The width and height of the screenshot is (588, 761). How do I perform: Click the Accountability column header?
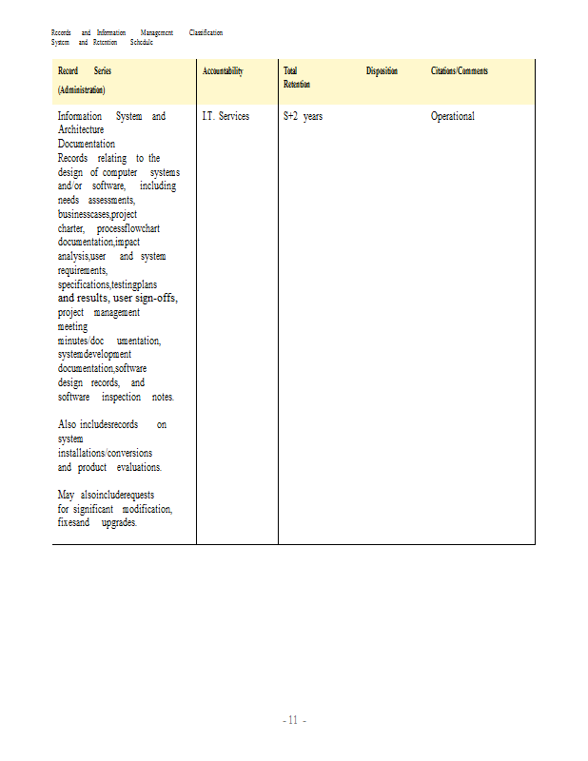[223, 71]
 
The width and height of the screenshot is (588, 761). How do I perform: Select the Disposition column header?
[382, 71]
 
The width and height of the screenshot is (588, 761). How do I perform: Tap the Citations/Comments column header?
[460, 71]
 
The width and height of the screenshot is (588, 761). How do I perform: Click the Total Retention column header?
[291, 78]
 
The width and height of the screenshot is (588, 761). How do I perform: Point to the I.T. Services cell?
[225, 116]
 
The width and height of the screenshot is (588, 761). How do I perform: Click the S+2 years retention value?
[303, 116]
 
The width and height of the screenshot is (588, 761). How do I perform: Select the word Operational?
[452, 116]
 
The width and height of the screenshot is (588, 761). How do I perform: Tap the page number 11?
[293, 720]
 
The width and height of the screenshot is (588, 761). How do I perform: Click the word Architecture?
[81, 129]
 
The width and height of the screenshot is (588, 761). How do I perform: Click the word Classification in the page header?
[206, 33]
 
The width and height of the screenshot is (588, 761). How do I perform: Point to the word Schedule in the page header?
[141, 43]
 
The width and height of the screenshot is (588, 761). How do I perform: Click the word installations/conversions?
[105, 453]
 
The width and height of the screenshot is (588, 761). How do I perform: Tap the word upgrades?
[119, 523]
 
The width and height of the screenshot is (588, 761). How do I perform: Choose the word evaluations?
[139, 467]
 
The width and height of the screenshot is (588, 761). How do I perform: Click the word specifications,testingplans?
[108, 284]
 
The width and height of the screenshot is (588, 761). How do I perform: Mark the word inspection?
[121, 397]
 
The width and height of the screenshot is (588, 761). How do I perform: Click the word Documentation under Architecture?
[87, 144]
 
